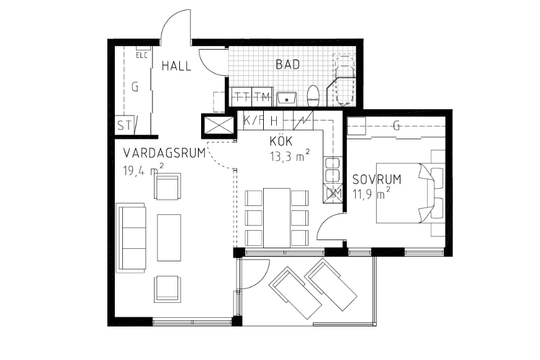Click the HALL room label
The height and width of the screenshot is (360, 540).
tap(176, 66)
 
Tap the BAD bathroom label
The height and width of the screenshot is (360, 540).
tap(288, 65)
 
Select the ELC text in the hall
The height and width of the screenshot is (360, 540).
tap(142, 55)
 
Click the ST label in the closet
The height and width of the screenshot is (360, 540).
tap(124, 125)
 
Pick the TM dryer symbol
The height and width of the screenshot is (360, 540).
tap(263, 97)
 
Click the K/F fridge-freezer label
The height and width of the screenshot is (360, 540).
tap(253, 120)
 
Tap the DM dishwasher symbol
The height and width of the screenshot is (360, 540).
tap(333, 193)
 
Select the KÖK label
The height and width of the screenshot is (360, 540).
tap(281, 142)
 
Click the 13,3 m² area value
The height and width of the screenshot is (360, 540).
tap(290, 156)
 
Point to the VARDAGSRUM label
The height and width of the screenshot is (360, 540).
tap(164, 153)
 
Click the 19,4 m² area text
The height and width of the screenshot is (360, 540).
tap(143, 170)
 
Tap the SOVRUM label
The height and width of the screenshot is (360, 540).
tap(377, 179)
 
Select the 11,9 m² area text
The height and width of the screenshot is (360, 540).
tap(371, 194)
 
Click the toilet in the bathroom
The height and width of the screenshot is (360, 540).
tap(313, 96)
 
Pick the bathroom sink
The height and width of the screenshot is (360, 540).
tap(287, 99)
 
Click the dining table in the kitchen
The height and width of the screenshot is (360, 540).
tap(277, 218)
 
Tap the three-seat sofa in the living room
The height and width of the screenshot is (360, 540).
tap(131, 238)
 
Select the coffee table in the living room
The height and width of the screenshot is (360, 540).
tap(169, 238)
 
